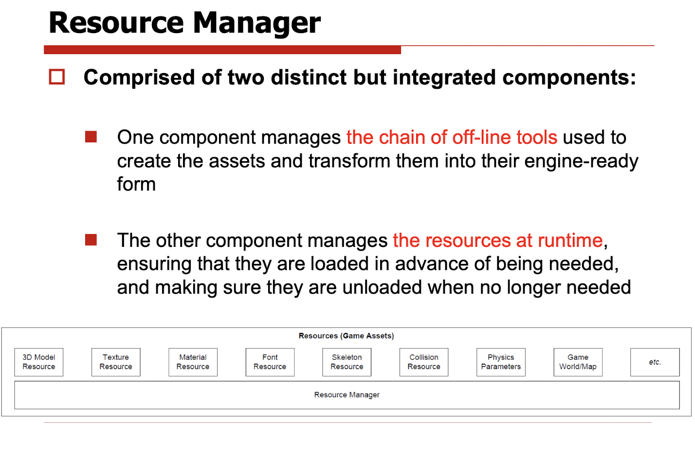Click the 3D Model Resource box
(x=39, y=362)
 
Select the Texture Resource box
(x=116, y=362)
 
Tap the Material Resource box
(x=193, y=362)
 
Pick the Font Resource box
(x=270, y=362)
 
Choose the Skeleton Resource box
(x=347, y=362)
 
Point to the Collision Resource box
(x=424, y=362)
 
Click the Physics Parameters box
(x=501, y=362)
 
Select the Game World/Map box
(x=578, y=362)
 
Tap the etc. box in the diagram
(x=655, y=362)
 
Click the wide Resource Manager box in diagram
(x=347, y=395)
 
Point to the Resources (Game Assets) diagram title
(x=346, y=336)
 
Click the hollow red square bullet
(x=57, y=77)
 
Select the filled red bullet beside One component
(x=91, y=137)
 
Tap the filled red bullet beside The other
(x=91, y=240)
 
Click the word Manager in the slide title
(x=257, y=23)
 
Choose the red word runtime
(x=570, y=240)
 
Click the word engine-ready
(x=581, y=162)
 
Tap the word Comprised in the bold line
(x=139, y=77)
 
